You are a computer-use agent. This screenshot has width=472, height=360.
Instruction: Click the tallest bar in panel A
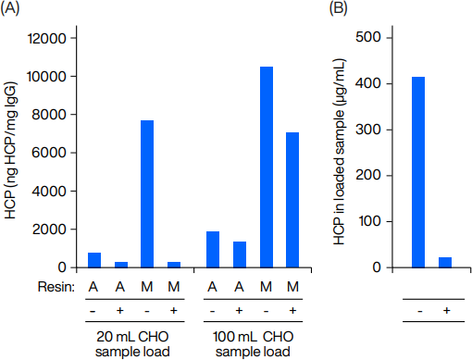[267, 167]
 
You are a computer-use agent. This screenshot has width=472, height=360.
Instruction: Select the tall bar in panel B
[418, 172]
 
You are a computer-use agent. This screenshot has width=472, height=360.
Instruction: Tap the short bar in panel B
[445, 262]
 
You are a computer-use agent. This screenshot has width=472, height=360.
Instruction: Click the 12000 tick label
[47, 39]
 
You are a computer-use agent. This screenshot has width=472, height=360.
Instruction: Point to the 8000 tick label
[49, 115]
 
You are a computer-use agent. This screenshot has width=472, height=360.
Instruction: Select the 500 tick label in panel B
[368, 37]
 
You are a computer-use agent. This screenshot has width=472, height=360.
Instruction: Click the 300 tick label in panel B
[368, 130]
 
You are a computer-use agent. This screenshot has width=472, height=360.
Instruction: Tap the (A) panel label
[9, 8]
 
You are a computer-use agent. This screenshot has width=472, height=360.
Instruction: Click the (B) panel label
[338, 8]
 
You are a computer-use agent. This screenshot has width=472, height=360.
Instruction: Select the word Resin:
[56, 287]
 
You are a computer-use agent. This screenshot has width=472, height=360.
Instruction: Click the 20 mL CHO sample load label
[132, 344]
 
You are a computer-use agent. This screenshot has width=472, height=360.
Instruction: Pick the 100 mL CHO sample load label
[253, 344]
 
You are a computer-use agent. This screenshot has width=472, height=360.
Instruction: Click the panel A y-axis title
[10, 150]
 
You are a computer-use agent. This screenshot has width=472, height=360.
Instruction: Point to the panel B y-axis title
[339, 152]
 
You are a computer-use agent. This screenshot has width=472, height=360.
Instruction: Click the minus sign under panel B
[419, 311]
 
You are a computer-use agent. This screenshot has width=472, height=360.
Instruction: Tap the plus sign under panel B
[446, 310]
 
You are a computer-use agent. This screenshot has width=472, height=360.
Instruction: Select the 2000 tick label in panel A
[49, 230]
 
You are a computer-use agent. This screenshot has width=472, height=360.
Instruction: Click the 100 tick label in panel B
[369, 221]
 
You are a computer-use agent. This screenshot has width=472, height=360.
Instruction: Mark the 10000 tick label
[47, 77]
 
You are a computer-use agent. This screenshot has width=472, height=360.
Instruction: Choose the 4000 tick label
[49, 192]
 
